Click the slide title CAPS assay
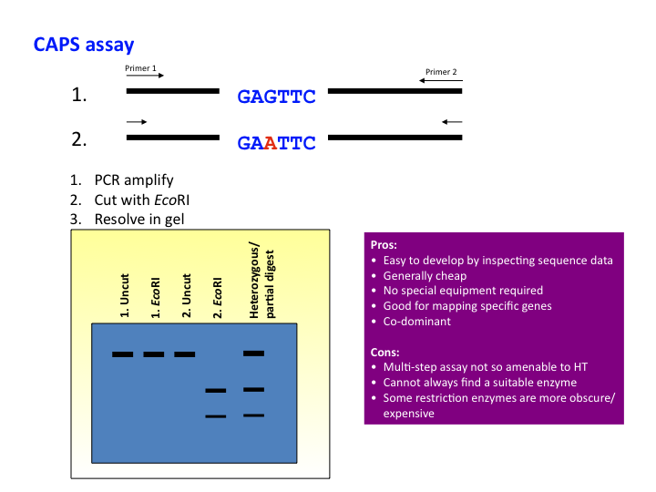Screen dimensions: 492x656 click(85, 44)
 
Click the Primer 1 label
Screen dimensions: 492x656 click(141, 68)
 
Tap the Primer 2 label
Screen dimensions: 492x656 click(442, 72)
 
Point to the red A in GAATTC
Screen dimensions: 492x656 click(270, 143)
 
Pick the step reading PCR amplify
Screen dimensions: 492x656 click(133, 180)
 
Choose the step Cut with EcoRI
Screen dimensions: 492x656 click(141, 200)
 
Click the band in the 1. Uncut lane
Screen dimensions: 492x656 click(123, 354)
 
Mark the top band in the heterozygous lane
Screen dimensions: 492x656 click(253, 353)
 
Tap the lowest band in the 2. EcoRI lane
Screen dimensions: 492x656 click(215, 416)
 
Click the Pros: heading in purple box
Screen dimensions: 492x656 click(384, 245)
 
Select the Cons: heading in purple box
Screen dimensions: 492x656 click(386, 351)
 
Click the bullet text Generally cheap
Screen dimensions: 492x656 click(425, 275)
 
